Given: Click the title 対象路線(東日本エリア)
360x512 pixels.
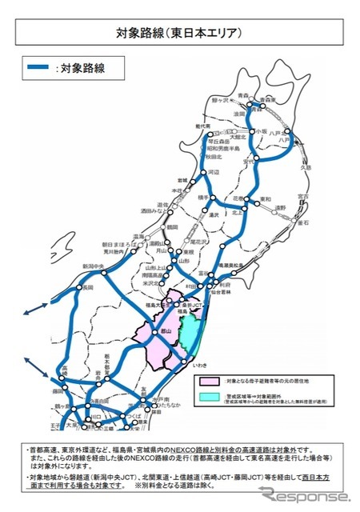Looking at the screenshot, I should [179, 33].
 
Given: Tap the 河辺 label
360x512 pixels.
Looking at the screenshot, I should [213, 172].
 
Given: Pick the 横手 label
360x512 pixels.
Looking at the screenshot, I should [202, 197].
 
